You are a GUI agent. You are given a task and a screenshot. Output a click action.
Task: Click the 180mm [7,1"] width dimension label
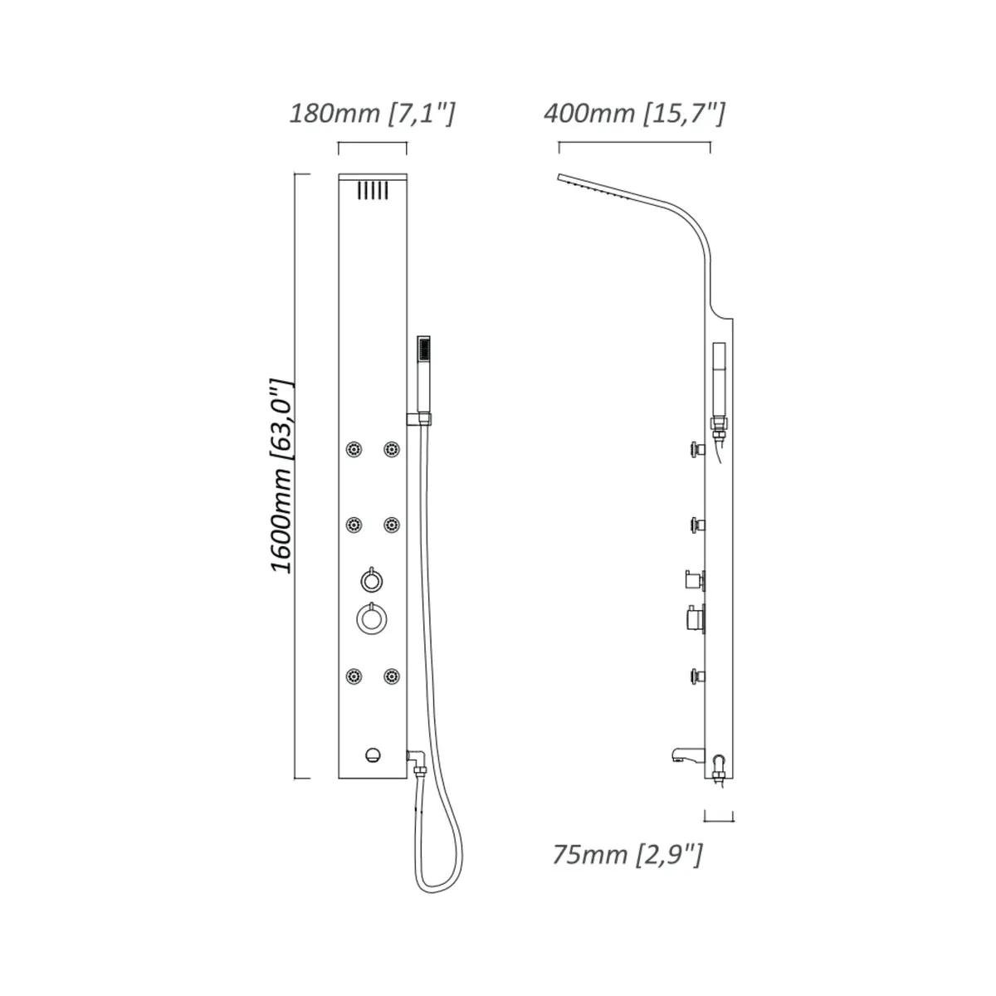(372, 114)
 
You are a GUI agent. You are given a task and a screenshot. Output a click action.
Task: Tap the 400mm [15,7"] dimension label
(635, 114)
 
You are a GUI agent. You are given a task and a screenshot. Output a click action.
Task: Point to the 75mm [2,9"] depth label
(628, 854)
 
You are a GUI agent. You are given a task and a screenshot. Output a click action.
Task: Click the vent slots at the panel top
(372, 190)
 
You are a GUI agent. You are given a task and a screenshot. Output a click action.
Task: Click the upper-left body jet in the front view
(354, 449)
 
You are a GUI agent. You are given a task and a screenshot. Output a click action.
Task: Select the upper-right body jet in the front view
(392, 449)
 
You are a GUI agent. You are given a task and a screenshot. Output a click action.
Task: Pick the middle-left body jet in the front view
(354, 525)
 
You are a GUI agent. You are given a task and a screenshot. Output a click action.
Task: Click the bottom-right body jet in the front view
(392, 676)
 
